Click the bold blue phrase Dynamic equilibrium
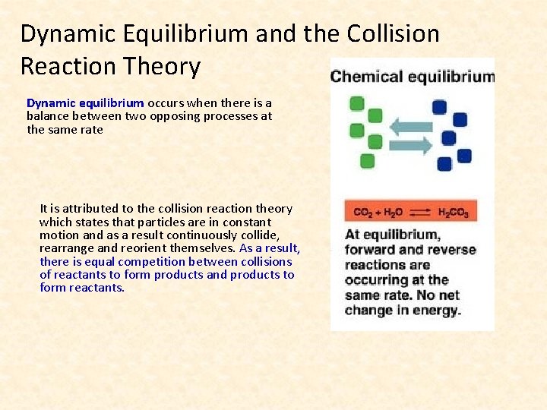(85, 102)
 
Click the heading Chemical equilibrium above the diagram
(413, 77)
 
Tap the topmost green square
(356, 103)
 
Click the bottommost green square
(368, 160)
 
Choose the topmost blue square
(439, 107)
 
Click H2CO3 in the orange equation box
(454, 213)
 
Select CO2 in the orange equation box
(362, 213)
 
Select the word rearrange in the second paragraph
(65, 248)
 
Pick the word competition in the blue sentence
(127, 261)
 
